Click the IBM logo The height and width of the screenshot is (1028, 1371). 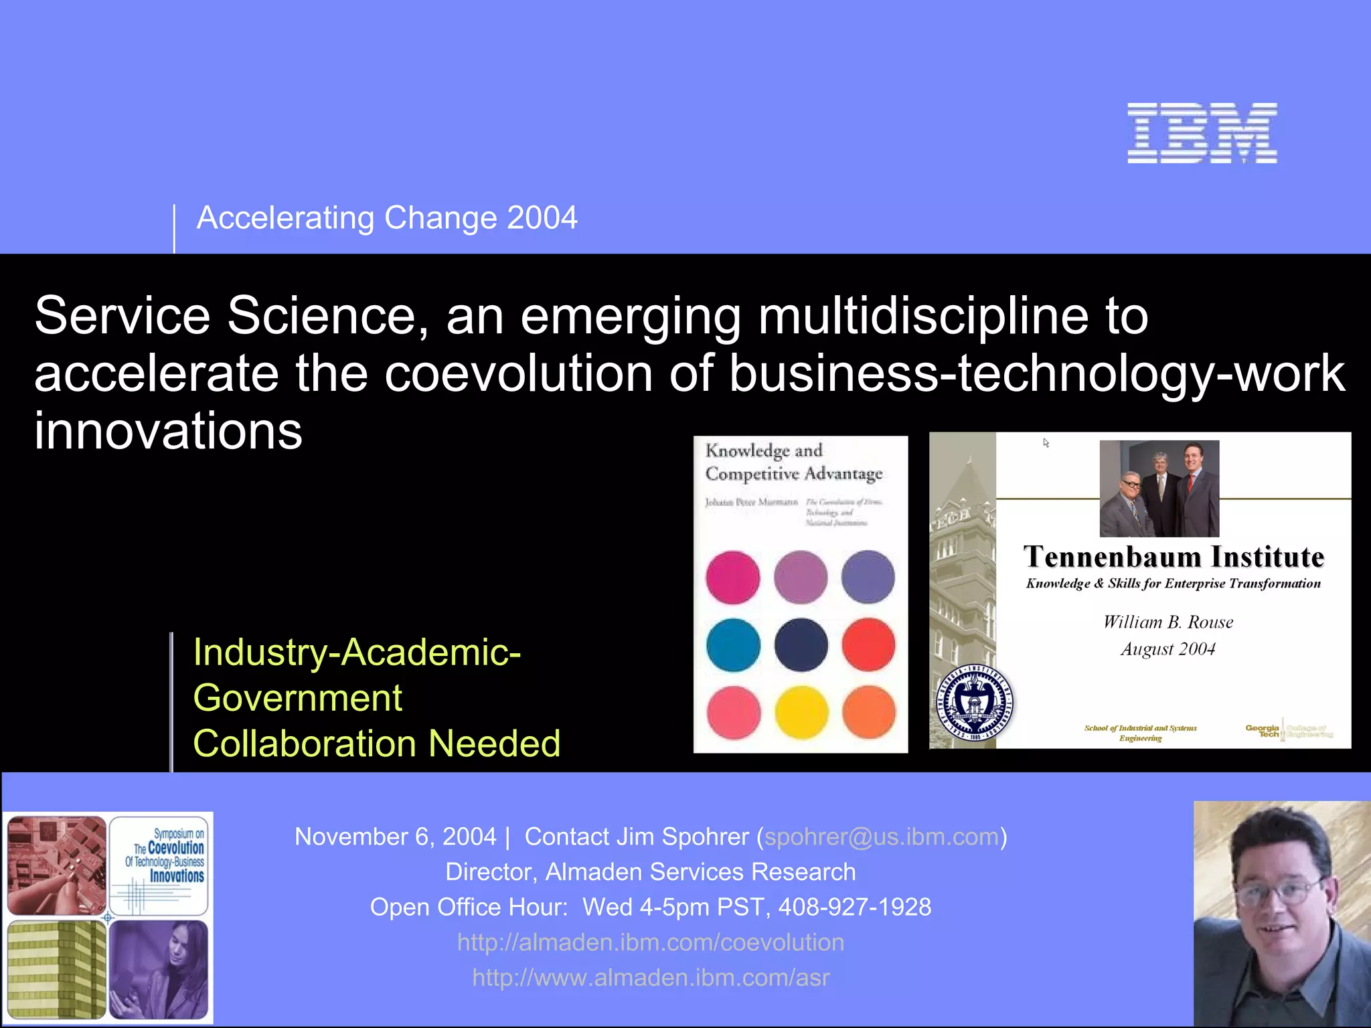pos(1202,133)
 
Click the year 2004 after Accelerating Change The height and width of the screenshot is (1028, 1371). pos(542,218)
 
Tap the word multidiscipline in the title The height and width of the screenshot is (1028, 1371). pos(923,316)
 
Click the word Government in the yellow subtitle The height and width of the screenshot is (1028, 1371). pos(297,698)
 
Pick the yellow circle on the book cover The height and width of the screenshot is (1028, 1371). pos(801,713)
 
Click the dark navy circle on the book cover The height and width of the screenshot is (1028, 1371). pos(801,645)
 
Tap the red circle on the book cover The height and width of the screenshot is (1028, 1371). pos(868,645)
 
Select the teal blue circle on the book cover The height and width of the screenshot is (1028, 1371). pos(733,645)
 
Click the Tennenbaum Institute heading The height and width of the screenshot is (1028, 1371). pos(1173,557)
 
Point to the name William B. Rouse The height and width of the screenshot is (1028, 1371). pos(1167,622)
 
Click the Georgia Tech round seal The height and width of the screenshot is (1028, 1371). pos(974,703)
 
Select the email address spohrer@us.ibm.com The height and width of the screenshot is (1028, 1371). pos(881,837)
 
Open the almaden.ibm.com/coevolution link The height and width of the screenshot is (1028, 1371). pos(650,942)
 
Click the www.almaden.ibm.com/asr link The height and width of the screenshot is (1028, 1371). pos(650,978)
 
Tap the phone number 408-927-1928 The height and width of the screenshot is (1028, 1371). pos(854,907)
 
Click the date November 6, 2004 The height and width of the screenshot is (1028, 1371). pos(395,837)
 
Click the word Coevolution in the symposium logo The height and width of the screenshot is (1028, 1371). pos(175,848)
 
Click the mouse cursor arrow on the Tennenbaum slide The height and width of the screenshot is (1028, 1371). pos(1046,443)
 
